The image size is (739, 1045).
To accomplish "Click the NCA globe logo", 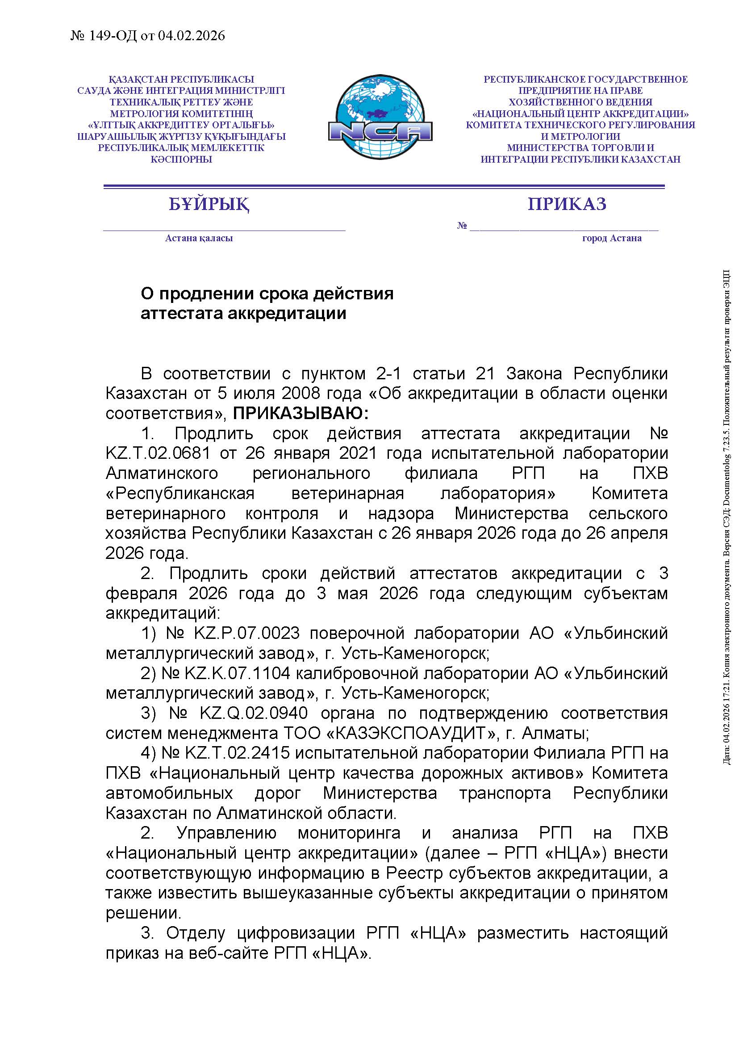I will [380, 118].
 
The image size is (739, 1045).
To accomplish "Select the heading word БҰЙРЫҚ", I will [209, 205].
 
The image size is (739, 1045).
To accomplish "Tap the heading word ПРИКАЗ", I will [567, 204].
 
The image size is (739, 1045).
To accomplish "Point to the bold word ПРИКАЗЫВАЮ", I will [300, 414].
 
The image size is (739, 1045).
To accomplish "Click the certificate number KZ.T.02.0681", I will [158, 453].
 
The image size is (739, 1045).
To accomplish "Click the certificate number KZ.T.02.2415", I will [237, 753].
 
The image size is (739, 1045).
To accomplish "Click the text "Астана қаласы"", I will [199, 238].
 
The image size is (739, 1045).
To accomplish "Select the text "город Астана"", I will [612, 238].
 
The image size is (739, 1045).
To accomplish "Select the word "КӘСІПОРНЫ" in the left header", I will [181, 159].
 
